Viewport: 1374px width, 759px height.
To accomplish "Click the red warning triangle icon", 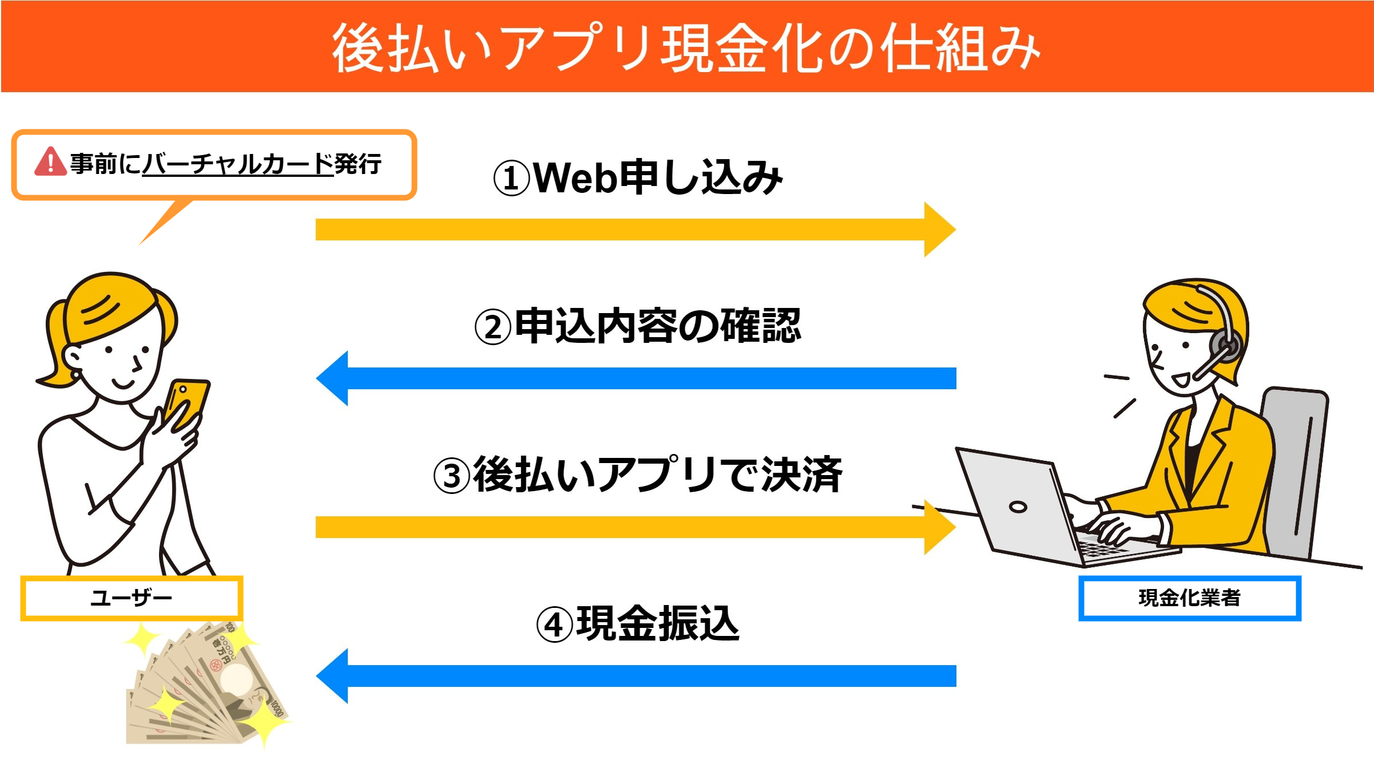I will [x=50, y=162].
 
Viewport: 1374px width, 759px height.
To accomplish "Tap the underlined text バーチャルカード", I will [x=237, y=164].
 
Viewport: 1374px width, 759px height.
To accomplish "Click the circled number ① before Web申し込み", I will [x=511, y=179].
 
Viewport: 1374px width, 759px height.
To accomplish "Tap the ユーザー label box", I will [x=132, y=598].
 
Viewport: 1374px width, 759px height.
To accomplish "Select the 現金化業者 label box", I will [x=1189, y=598].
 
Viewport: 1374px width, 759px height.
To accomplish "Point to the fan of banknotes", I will [x=206, y=687].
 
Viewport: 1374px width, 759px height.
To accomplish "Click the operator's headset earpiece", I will [x=1225, y=346].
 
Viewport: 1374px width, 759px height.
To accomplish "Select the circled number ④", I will [x=554, y=625].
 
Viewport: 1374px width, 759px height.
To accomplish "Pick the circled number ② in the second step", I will [x=493, y=327].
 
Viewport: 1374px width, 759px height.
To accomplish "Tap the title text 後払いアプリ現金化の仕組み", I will [x=686, y=48].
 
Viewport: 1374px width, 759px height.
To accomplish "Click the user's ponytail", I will [x=54, y=343].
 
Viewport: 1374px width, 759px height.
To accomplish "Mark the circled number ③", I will [x=451, y=476].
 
